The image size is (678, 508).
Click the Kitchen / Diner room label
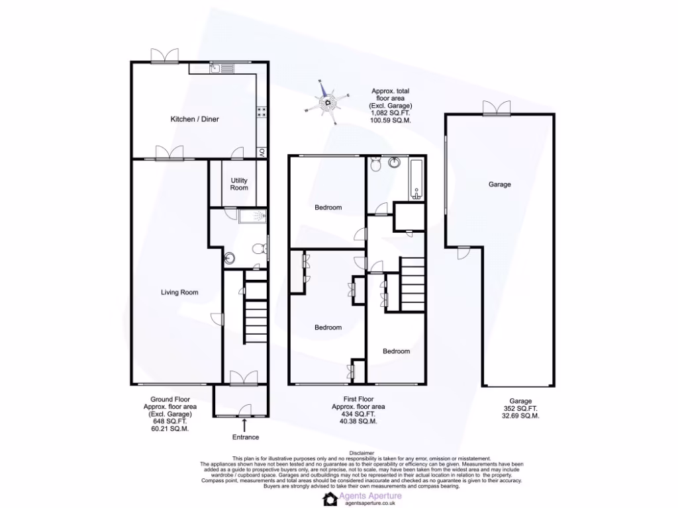point(195,120)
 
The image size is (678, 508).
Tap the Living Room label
point(179,292)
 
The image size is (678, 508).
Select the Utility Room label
point(239,184)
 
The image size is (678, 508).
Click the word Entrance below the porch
point(245,437)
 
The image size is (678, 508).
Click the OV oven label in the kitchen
point(262,152)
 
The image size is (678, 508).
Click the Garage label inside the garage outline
point(499,185)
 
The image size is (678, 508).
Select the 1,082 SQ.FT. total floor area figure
point(391,113)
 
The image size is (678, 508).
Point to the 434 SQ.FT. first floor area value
point(358,414)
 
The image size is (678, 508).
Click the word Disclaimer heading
point(361,452)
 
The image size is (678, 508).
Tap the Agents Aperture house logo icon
point(330,498)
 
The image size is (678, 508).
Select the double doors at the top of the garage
point(497,108)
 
